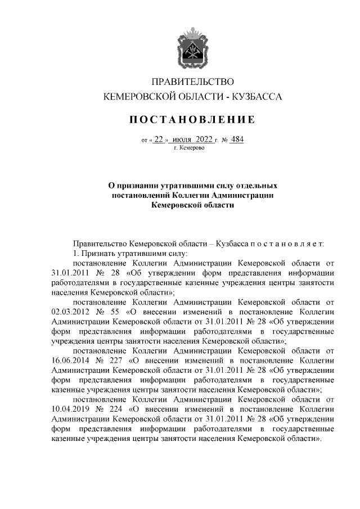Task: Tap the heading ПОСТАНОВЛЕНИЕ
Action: point(193,119)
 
